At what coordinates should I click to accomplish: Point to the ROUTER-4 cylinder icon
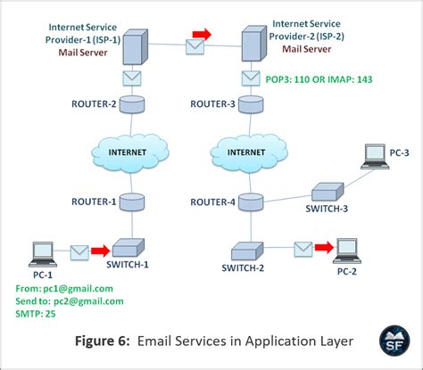coord(250,202)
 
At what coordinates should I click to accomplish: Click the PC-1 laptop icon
coord(40,253)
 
